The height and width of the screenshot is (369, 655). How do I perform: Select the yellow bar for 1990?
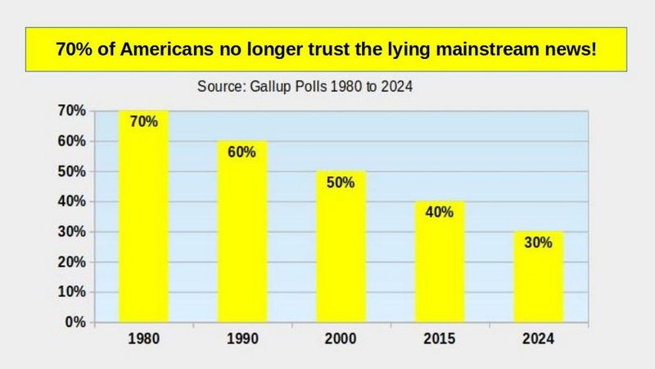pyautogui.click(x=242, y=238)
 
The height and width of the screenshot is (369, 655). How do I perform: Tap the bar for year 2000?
pyautogui.click(x=341, y=254)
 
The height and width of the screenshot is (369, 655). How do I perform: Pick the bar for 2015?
pyautogui.click(x=440, y=266)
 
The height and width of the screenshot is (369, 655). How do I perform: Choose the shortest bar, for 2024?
pyautogui.click(x=539, y=283)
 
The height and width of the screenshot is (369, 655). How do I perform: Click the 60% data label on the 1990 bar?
pyautogui.click(x=242, y=152)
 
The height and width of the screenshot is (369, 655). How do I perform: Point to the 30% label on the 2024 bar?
pyautogui.click(x=539, y=243)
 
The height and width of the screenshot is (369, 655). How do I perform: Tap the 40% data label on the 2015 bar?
pyautogui.click(x=440, y=212)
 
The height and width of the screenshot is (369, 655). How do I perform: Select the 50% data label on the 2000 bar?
pyautogui.click(x=341, y=182)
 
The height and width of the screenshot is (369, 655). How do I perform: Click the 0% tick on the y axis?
pyautogui.click(x=75, y=322)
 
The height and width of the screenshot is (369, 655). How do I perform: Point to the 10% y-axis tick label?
pyautogui.click(x=73, y=292)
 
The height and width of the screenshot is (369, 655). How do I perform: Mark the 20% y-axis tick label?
pyautogui.click(x=73, y=262)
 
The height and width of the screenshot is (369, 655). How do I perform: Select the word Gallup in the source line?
pyautogui.click(x=269, y=85)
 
